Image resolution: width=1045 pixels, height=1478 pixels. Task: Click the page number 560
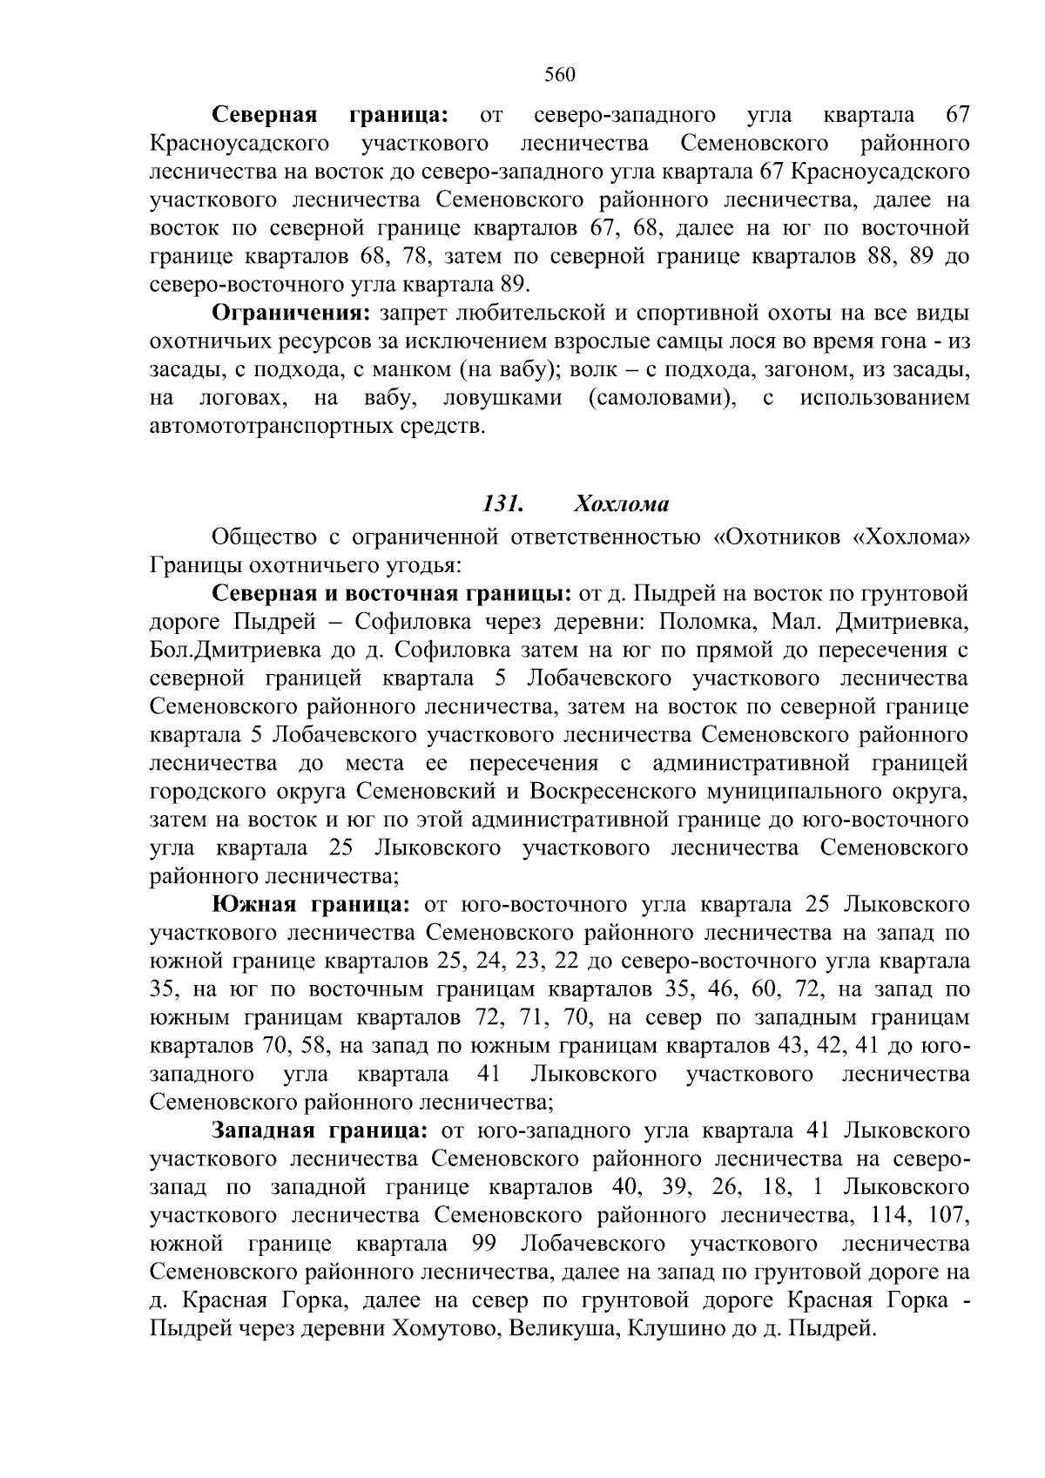point(560,75)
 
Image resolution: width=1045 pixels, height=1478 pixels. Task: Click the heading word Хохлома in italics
point(621,504)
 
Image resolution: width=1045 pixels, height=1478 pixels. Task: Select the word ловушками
point(502,399)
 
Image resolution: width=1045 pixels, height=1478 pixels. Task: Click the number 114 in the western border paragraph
point(888,1216)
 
